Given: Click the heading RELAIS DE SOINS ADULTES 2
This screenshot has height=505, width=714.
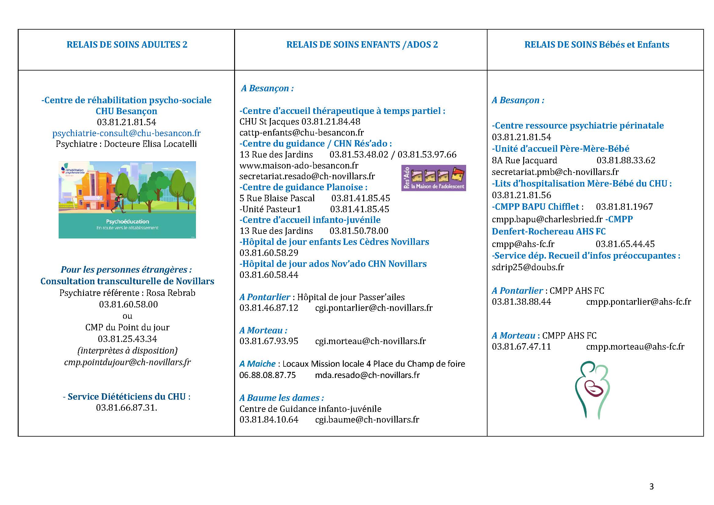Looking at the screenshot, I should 127,45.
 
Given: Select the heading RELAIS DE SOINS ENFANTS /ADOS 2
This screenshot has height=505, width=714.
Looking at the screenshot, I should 362,45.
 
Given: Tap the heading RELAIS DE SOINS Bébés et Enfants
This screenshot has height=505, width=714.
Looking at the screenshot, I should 597,45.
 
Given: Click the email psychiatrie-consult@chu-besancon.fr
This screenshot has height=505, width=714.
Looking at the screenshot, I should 127,133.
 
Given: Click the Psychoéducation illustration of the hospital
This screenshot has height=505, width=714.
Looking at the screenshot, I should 127,200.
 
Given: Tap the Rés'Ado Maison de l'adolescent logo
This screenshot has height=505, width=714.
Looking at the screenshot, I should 433,178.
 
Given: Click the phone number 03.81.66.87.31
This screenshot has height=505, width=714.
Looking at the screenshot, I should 127,408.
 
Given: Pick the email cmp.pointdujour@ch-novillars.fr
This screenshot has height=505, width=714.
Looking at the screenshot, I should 127,362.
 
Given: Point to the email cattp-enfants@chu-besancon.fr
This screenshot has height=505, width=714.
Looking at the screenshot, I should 302,133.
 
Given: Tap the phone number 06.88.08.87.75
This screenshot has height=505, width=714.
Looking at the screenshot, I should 267,375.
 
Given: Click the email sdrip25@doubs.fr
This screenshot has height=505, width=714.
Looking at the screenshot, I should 528,267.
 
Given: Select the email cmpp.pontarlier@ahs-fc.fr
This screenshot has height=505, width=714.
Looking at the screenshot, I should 638,302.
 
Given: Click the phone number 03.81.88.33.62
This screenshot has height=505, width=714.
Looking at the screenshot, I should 626,161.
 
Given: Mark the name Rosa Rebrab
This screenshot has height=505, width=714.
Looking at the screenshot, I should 171,293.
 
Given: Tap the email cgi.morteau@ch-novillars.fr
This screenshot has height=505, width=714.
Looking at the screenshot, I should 370,341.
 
